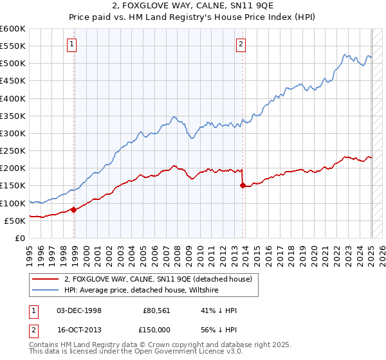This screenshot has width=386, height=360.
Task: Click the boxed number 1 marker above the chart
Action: click(71, 44)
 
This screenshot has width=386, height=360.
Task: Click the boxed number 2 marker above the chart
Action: click(241, 44)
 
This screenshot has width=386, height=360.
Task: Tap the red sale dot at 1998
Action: click(74, 209)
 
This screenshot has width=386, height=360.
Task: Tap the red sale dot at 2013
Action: click(243, 186)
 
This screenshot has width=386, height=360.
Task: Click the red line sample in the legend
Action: click(45, 279)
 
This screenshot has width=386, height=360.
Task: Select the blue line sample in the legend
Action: click(45, 290)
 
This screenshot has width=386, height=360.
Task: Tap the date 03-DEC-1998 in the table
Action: click(79, 310)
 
